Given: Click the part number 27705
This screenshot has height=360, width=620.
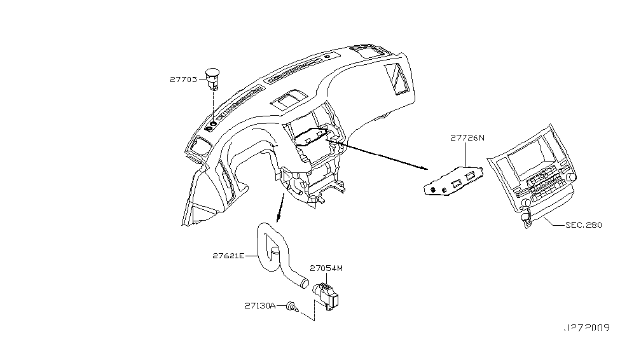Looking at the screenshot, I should (x=183, y=80).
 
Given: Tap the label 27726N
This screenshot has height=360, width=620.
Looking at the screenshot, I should (x=467, y=137).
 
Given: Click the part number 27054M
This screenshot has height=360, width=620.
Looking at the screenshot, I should (x=326, y=268).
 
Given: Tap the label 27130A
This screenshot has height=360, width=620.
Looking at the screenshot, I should (x=259, y=306).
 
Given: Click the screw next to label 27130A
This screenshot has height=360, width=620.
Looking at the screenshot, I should (x=293, y=307).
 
